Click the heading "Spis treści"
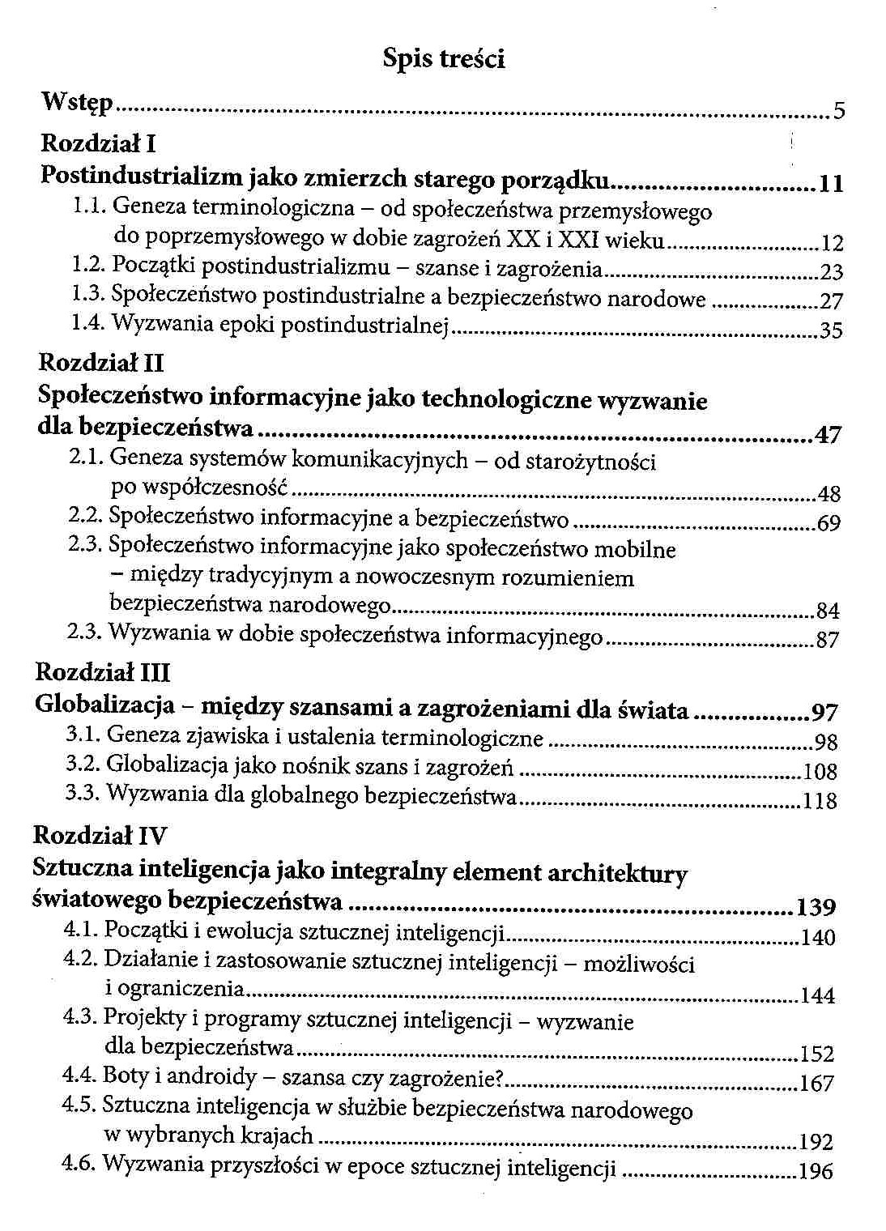tap(444, 59)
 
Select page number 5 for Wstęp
tap(839, 110)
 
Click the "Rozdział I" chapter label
tap(98, 144)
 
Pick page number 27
tap(831, 302)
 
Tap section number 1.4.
tap(86, 323)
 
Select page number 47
tap(828, 436)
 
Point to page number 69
tap(828, 523)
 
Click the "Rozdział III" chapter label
tap(103, 672)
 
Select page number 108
tap(820, 770)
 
